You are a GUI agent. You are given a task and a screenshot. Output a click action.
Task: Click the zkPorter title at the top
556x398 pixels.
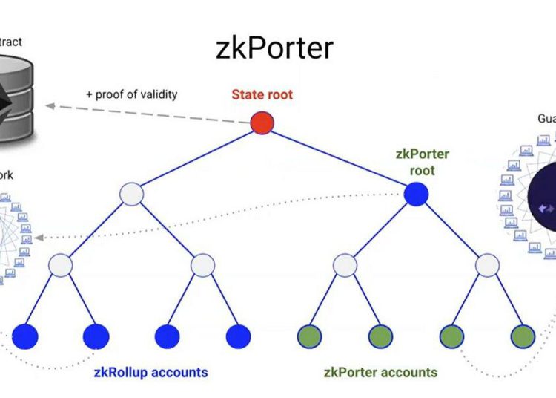click(275, 47)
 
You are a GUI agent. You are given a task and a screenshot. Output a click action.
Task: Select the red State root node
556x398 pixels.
click(262, 123)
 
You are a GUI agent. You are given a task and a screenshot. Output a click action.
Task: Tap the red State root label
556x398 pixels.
click(262, 94)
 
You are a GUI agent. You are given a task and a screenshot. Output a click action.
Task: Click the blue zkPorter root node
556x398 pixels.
click(417, 194)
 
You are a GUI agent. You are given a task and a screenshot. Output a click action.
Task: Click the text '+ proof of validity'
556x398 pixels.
click(131, 94)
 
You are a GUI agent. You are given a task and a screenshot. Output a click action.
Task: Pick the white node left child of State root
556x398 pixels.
click(131, 194)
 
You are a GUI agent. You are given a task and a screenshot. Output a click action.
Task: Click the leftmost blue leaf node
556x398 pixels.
click(26, 335)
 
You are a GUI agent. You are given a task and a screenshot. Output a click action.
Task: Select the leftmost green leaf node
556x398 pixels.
click(309, 335)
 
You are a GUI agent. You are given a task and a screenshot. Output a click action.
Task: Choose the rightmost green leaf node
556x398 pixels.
click(522, 335)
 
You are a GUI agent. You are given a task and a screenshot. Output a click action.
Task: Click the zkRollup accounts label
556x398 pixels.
click(150, 371)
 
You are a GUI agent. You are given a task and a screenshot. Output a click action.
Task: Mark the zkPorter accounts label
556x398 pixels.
click(381, 371)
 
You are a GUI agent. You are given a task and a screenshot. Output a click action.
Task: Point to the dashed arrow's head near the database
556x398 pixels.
click(47, 106)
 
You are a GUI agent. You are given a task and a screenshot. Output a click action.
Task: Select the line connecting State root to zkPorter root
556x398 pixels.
click(340, 158)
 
